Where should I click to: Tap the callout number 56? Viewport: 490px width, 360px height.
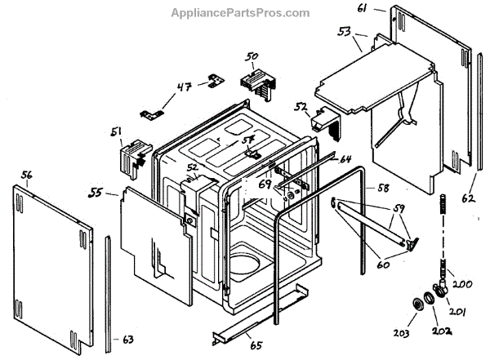pyautogui.click(x=26, y=175)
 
